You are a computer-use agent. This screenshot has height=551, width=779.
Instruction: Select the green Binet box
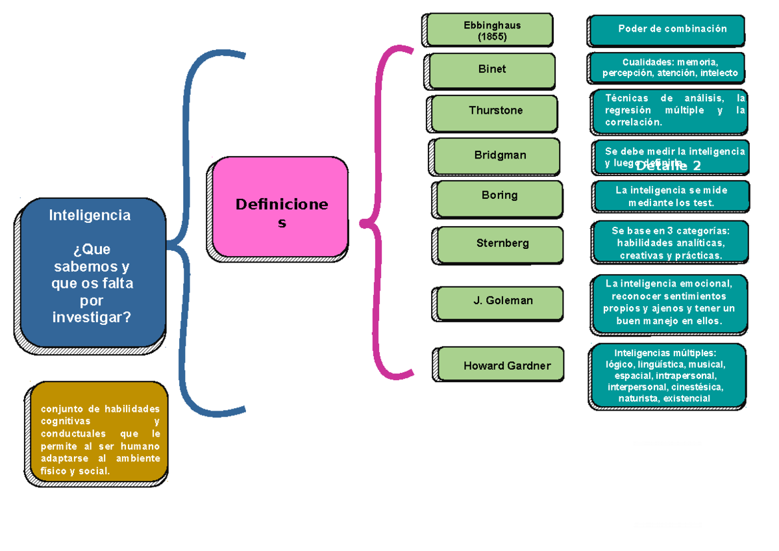(492, 70)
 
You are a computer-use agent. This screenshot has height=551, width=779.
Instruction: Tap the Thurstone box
(495, 112)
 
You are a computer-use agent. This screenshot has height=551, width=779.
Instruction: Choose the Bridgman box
(497, 156)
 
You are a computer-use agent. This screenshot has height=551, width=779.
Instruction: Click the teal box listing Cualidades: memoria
(668, 68)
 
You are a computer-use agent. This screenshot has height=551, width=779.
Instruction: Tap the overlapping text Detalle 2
(668, 166)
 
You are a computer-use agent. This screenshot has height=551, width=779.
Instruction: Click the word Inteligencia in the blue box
(90, 216)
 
